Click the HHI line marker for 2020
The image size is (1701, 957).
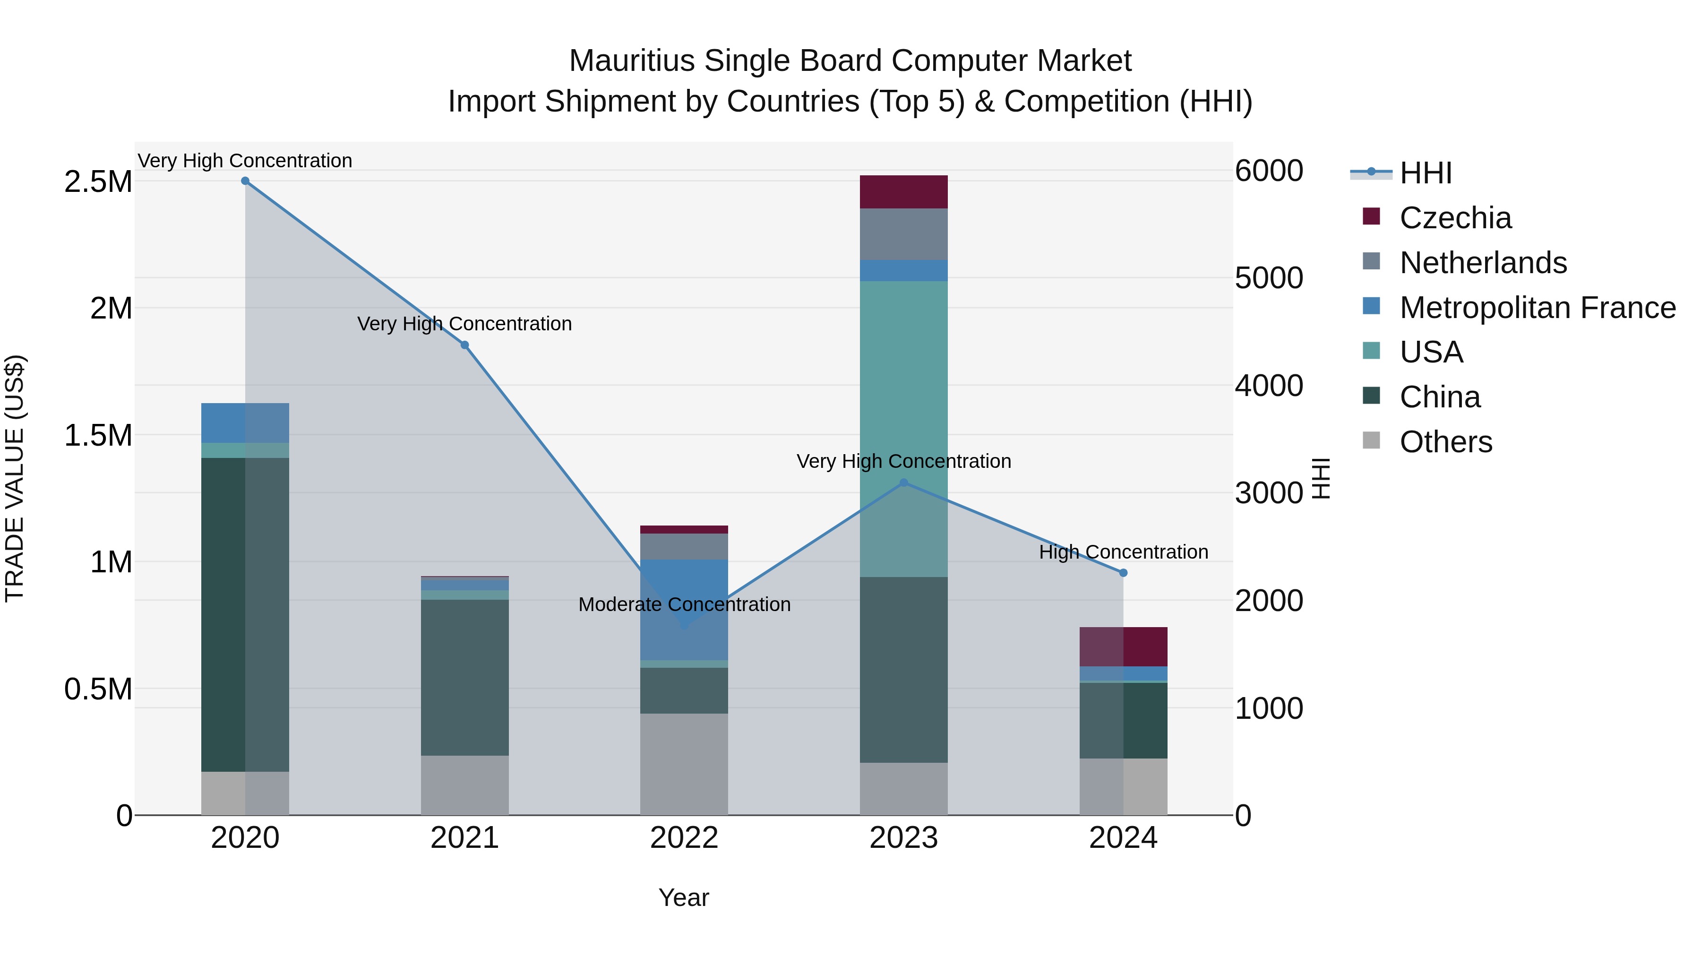tap(245, 181)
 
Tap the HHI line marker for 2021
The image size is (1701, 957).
tap(465, 345)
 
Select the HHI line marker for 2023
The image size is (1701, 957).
tap(904, 483)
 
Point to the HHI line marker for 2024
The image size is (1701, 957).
tap(1123, 573)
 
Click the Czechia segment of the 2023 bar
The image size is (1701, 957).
tap(903, 192)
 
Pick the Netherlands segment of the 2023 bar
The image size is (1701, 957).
tap(903, 234)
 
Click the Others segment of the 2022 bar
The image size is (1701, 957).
tap(684, 764)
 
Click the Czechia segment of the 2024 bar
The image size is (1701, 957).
tap(1123, 647)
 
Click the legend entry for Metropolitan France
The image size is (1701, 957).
tap(1537, 308)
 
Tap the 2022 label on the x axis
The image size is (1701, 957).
tap(684, 838)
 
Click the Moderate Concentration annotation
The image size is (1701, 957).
tap(684, 604)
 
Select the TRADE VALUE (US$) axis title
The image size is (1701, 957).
tap(15, 478)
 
